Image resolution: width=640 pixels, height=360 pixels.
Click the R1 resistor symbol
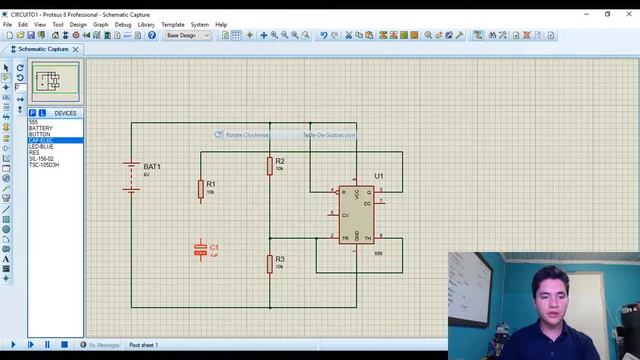(x=201, y=189)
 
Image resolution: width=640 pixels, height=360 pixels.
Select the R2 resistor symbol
(x=269, y=165)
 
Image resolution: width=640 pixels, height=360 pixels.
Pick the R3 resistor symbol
(x=269, y=263)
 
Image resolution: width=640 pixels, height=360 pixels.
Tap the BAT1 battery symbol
(x=131, y=177)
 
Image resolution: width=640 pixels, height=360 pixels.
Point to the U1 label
(x=379, y=176)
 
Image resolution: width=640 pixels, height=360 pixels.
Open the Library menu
(x=146, y=24)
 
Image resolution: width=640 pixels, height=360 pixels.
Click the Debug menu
(x=122, y=24)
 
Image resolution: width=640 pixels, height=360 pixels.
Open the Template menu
(x=173, y=24)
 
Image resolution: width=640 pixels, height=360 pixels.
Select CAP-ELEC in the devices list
(x=41, y=140)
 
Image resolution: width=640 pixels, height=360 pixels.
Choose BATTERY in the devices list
(x=41, y=128)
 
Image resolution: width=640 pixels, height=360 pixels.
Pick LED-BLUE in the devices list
(x=42, y=146)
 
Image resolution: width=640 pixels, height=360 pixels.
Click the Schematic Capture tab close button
(x=76, y=49)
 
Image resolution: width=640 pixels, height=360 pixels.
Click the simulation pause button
(x=47, y=345)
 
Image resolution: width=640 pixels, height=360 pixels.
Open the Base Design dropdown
(x=187, y=35)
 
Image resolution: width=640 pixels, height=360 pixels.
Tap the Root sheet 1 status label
(x=143, y=345)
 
